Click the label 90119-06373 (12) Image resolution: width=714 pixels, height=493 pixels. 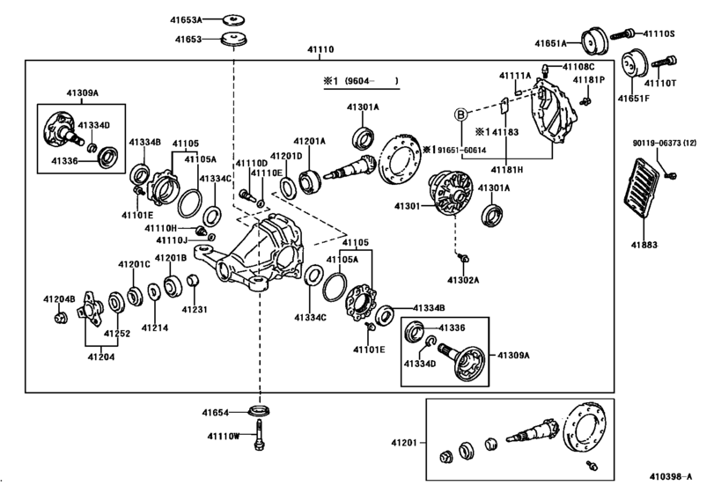click(666, 143)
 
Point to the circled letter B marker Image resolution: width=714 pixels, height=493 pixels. click(459, 114)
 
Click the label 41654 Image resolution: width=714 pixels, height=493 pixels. click(214, 412)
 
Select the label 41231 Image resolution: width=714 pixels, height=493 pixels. click(194, 309)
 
